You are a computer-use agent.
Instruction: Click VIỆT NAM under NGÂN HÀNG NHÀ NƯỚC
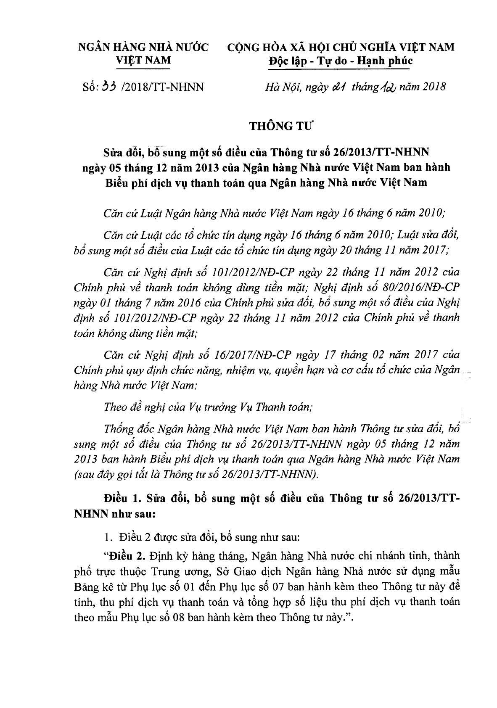pyautogui.click(x=143, y=60)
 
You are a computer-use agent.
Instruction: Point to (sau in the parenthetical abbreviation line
pyautogui.click(x=83, y=474)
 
